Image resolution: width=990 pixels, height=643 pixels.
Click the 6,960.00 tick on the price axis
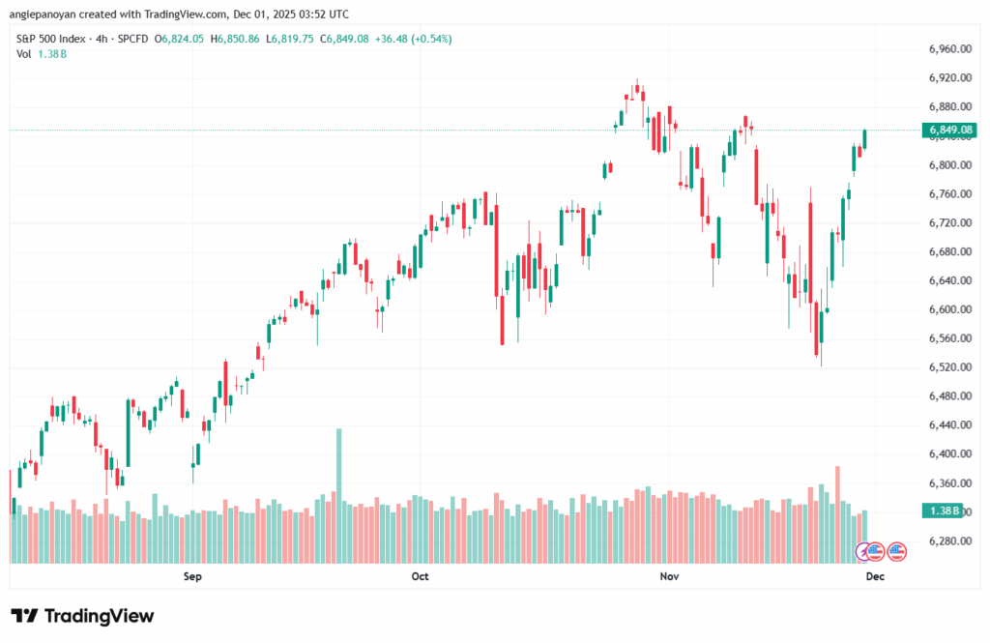pyautogui.click(x=948, y=48)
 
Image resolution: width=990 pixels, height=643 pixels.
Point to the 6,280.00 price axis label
pyautogui.click(x=948, y=541)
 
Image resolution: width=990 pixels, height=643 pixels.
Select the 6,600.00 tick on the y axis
pyautogui.click(x=948, y=309)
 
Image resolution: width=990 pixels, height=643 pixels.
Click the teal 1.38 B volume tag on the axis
pyautogui.click(x=942, y=511)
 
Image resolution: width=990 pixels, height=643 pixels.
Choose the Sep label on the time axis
pyautogui.click(x=191, y=576)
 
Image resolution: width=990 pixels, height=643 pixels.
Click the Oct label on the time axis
pyautogui.click(x=419, y=576)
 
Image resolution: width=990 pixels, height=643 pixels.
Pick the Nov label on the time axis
pyautogui.click(x=669, y=576)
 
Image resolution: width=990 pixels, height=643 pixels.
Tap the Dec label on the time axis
pyautogui.click(x=875, y=576)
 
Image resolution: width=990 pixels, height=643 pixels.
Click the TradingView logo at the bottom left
pyautogui.click(x=82, y=616)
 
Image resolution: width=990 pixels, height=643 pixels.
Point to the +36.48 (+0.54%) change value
pyautogui.click(x=417, y=39)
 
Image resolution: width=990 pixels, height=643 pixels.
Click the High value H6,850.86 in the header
pyautogui.click(x=261, y=39)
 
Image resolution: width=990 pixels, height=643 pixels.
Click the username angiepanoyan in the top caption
pyautogui.click(x=51, y=15)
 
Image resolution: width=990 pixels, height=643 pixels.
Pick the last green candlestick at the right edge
pyautogui.click(x=864, y=139)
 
